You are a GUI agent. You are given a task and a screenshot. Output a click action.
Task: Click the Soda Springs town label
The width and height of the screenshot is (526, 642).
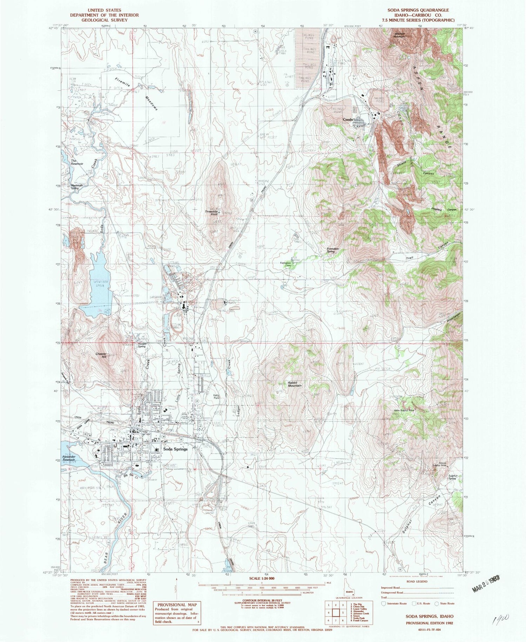pos(175,449)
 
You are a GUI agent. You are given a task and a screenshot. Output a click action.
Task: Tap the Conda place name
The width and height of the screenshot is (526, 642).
pos(348,119)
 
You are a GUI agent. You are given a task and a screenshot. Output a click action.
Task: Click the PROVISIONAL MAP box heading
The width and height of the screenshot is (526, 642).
pos(177,605)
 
